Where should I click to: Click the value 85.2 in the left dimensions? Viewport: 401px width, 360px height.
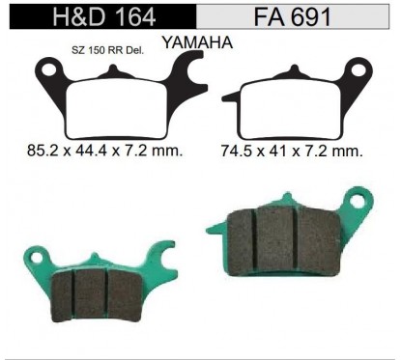coord(38,151)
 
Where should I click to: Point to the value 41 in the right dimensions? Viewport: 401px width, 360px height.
coord(286,151)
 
